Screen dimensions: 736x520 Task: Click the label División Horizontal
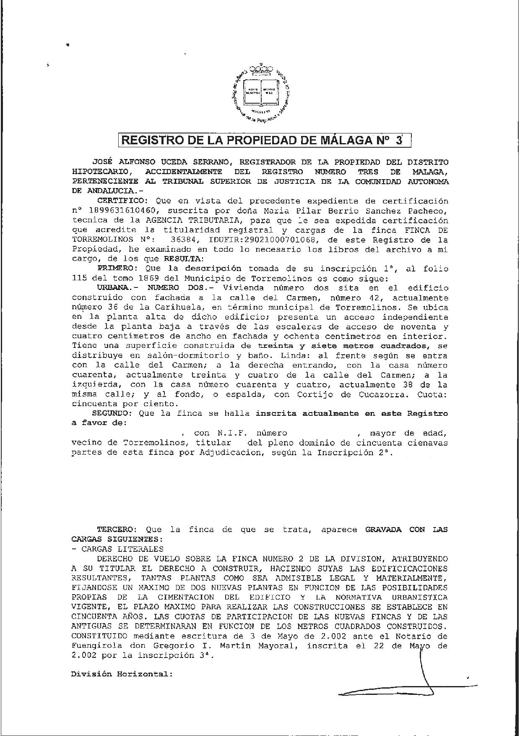(122, 674)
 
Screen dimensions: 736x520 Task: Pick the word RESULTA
(183, 259)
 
